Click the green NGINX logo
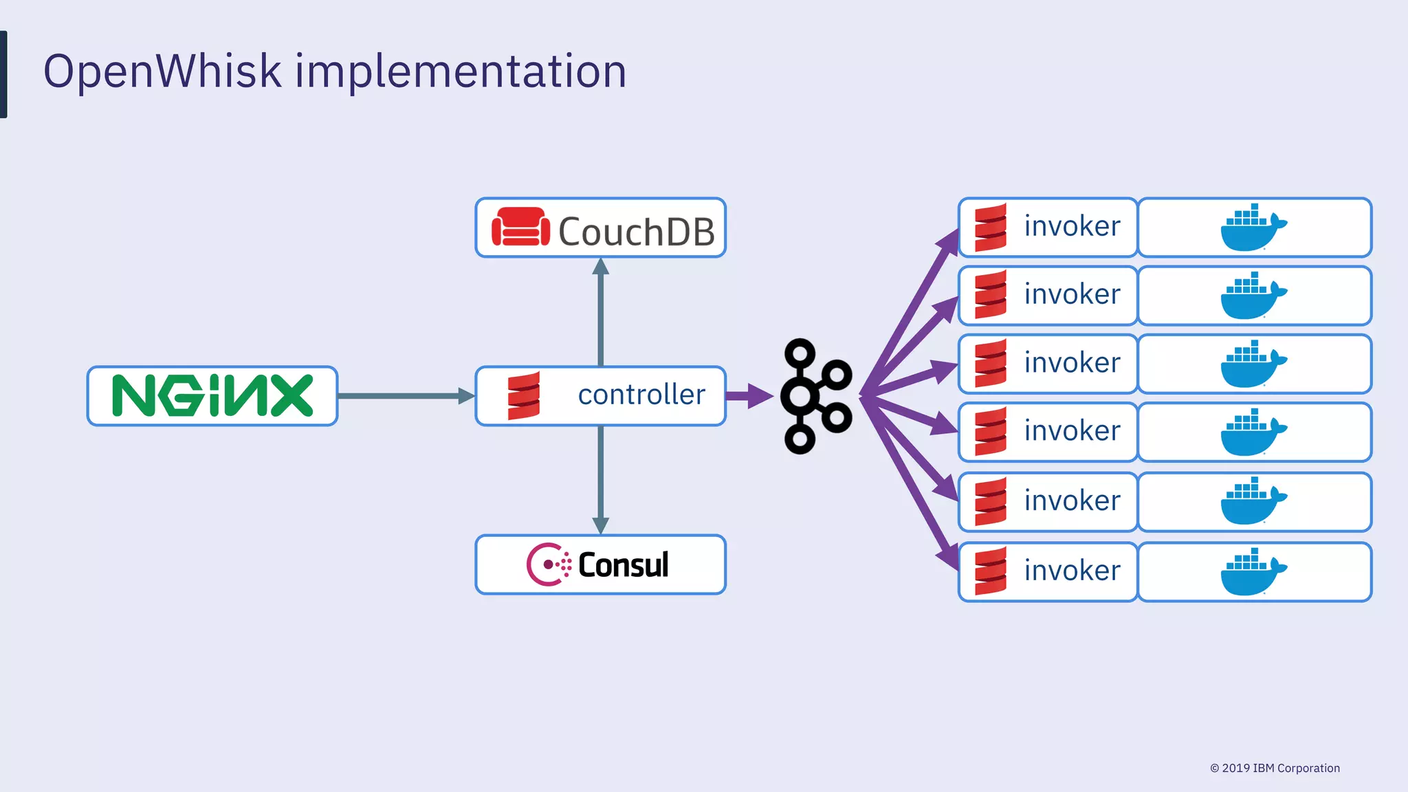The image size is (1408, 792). pos(212,395)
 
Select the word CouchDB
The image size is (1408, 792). pos(636,232)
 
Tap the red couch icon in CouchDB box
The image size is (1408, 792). pos(520,228)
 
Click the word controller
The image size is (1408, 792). pos(641,395)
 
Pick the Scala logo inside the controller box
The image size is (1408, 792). pos(524,395)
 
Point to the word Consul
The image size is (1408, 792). pos(623,565)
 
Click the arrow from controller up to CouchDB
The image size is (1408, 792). pos(601,313)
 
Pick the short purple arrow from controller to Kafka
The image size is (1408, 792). pos(749,396)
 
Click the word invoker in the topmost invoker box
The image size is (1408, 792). pos(1072,226)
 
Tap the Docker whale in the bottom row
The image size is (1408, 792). pos(1253,572)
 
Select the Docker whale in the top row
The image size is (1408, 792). pos(1253,228)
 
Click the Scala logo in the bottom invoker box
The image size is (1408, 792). pos(991,571)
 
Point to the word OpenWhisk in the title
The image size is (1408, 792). pos(162,71)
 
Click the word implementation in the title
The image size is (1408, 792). pos(461,71)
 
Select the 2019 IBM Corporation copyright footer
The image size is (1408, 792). pos(1275,768)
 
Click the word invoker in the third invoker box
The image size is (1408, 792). pos(1072,363)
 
